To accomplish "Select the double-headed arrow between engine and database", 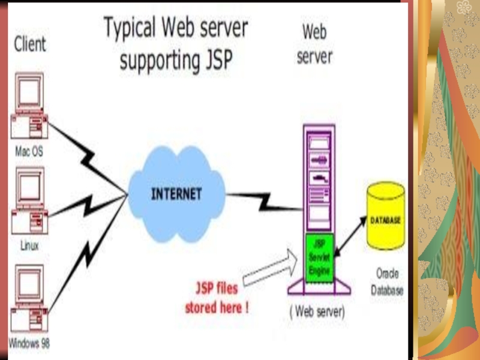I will pyautogui.click(x=351, y=237).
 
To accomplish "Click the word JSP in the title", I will pyautogui.click(x=213, y=61).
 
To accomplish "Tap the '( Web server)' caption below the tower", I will pyautogui.click(x=317, y=312).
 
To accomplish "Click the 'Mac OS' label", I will pyautogui.click(x=29, y=152).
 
